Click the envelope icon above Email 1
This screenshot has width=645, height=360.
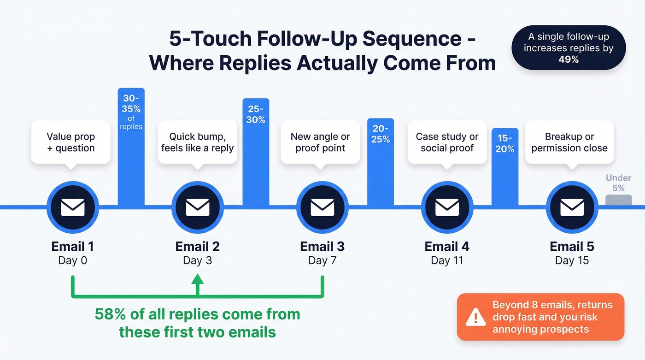72,207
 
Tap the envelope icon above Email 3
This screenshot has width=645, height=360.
322,207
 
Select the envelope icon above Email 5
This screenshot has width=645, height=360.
572,207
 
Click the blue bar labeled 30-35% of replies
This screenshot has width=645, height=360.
131,148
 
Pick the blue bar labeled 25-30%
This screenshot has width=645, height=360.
256,152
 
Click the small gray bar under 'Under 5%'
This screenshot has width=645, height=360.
618,200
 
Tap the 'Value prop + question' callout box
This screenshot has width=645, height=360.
71,142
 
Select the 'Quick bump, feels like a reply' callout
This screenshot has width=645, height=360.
197,142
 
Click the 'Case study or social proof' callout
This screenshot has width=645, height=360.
447,142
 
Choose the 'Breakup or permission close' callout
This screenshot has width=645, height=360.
569,142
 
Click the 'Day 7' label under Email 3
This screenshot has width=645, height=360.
322,260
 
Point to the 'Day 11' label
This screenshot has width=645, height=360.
446,260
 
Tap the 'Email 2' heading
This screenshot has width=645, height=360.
197,246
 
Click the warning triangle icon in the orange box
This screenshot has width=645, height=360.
475,317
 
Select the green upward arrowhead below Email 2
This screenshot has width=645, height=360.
197,279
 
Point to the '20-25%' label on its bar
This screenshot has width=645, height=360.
381,134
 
